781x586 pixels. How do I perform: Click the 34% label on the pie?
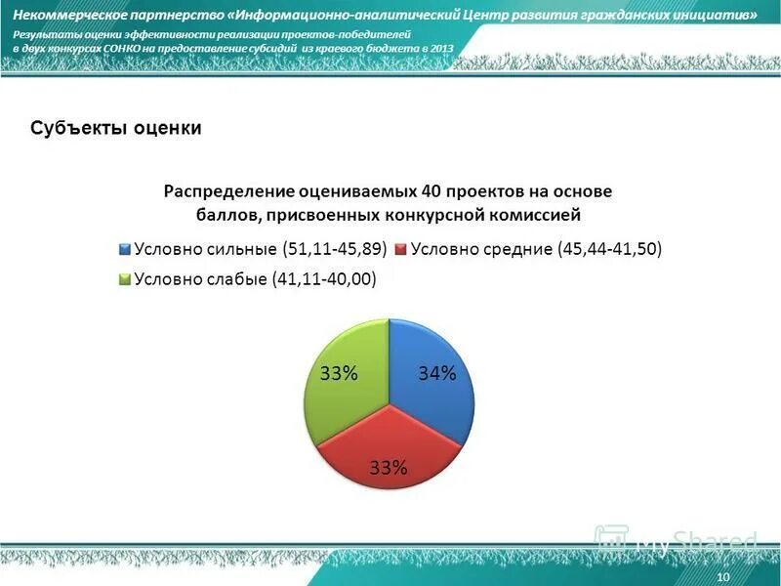(437, 373)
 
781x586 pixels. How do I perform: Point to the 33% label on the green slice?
(340, 373)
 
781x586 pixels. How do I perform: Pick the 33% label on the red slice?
(388, 467)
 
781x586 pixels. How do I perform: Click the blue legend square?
(125, 249)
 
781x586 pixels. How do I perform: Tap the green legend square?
(125, 279)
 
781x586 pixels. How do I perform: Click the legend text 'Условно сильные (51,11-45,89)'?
(260, 248)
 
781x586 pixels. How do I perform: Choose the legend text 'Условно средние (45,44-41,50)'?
(536, 248)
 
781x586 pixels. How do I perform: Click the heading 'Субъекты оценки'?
(115, 129)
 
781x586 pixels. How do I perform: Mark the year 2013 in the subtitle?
(441, 47)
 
